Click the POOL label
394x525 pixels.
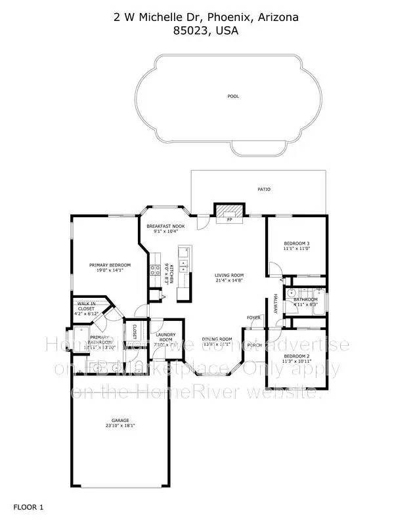click(233, 96)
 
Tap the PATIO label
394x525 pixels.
click(263, 190)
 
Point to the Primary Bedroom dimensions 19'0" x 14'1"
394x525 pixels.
click(110, 270)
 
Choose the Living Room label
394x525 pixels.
click(230, 275)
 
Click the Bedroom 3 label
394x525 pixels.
click(295, 243)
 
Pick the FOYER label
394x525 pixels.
click(253, 318)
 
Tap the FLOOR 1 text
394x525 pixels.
click(28, 507)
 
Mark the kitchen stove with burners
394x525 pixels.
click(157, 268)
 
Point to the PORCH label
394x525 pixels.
click(256, 345)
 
